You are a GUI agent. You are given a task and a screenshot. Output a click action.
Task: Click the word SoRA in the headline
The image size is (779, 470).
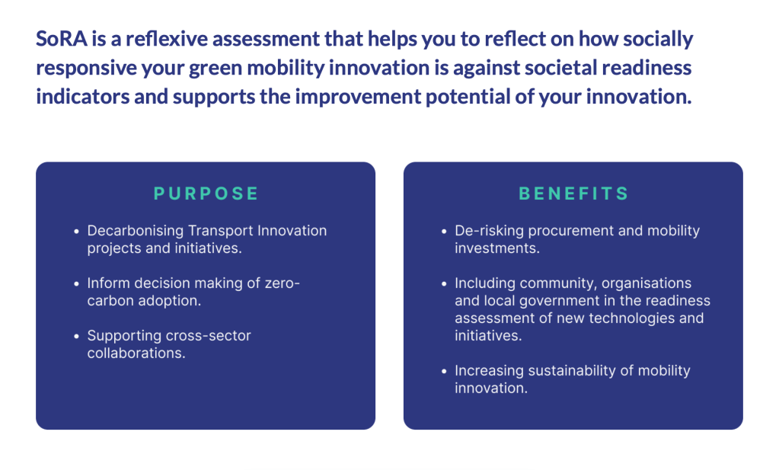click(x=62, y=39)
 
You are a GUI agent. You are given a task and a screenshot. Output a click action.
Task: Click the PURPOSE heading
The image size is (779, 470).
click(x=206, y=193)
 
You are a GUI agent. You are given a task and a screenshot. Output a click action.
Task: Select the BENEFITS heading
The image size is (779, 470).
click(x=573, y=193)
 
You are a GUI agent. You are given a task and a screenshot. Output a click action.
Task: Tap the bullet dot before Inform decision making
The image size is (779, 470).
click(x=76, y=283)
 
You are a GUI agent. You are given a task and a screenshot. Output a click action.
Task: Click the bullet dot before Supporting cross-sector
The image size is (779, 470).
click(x=76, y=337)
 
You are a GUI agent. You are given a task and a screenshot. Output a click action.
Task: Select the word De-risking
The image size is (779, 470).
click(x=490, y=231)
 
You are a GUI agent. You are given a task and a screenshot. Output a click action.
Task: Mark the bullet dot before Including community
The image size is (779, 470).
click(x=444, y=283)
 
